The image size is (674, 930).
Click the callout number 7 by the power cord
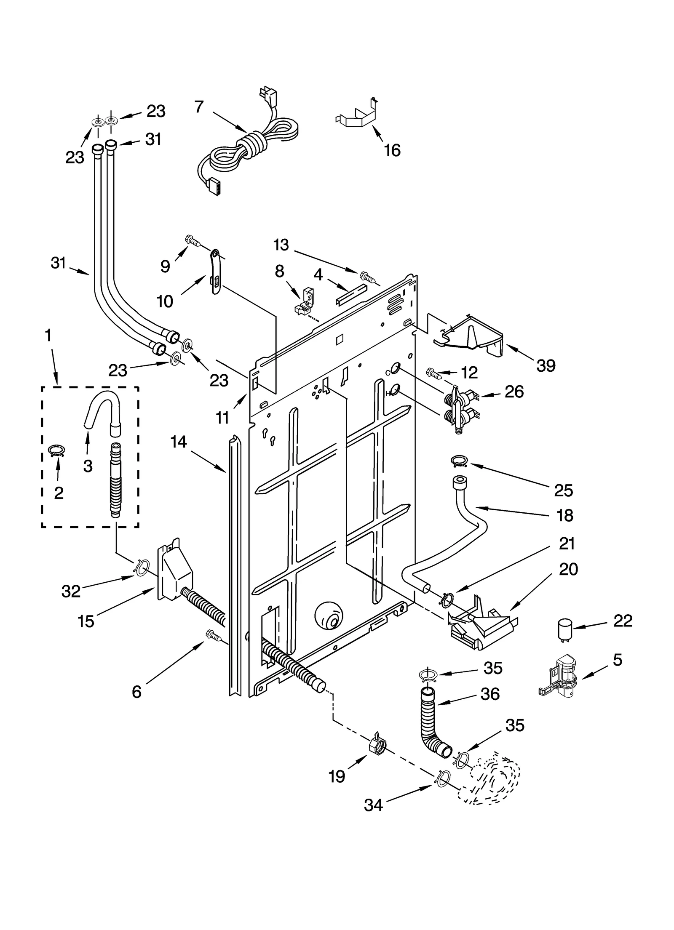[199, 107]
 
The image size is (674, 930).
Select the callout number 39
[546, 365]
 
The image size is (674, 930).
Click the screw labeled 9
[192, 241]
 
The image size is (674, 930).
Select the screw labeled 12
[434, 373]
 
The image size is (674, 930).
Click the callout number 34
[373, 805]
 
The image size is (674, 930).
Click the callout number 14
[179, 442]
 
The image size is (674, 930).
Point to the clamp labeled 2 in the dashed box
[58, 451]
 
